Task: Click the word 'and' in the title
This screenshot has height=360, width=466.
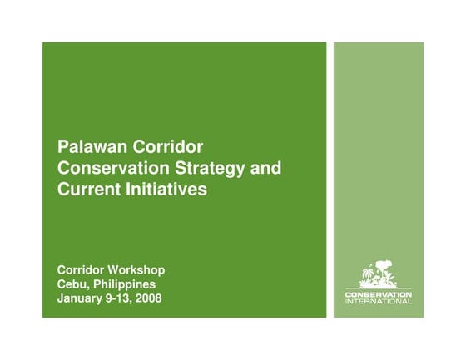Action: [266, 169]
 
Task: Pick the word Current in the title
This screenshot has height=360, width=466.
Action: [87, 190]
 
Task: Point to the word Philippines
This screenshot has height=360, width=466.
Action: [123, 285]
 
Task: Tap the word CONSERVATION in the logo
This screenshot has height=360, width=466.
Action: [378, 294]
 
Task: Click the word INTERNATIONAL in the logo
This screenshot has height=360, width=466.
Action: [378, 301]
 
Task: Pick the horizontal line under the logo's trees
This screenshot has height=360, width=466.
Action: [378, 288]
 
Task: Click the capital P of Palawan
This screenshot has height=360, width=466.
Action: [62, 148]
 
